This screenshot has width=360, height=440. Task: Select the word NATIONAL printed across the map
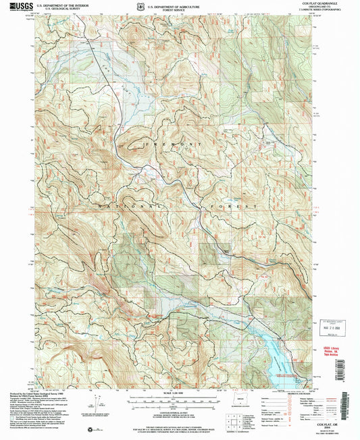128,204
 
